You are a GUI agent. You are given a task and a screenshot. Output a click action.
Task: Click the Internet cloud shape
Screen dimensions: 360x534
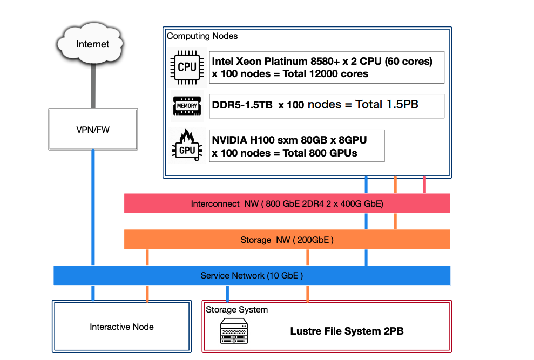click(x=93, y=44)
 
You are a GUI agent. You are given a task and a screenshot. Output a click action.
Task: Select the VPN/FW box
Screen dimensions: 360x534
click(x=93, y=129)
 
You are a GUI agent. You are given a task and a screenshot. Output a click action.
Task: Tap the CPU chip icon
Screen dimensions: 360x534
click(x=187, y=67)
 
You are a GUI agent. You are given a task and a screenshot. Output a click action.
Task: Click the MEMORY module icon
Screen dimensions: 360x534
click(x=187, y=106)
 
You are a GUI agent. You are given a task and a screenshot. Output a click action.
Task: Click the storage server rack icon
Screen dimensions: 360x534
click(x=234, y=331)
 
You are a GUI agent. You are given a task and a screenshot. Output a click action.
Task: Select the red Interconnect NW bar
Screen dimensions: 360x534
click(x=287, y=204)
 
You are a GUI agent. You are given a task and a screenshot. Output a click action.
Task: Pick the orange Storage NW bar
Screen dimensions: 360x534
click(x=287, y=240)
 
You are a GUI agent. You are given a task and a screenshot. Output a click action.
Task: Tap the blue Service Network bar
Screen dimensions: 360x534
click(x=252, y=275)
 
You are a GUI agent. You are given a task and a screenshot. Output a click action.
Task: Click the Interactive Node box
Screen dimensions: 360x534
click(x=121, y=327)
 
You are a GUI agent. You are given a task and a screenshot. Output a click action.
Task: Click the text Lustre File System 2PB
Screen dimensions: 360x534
click(x=347, y=331)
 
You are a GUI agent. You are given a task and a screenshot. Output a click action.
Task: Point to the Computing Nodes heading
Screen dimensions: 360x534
click(x=202, y=36)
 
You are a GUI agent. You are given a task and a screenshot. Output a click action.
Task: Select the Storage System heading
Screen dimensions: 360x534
click(x=236, y=309)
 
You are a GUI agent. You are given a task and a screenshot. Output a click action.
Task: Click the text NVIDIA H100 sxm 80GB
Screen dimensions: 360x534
click(x=265, y=140)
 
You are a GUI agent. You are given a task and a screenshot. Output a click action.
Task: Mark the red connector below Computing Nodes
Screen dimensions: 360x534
click(x=424, y=185)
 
